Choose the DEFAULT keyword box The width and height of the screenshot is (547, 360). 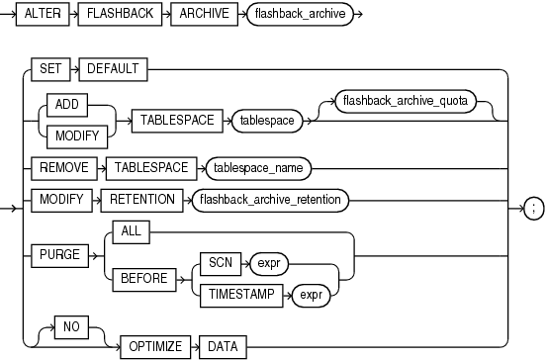114,69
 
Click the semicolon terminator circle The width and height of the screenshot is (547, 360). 533,208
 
